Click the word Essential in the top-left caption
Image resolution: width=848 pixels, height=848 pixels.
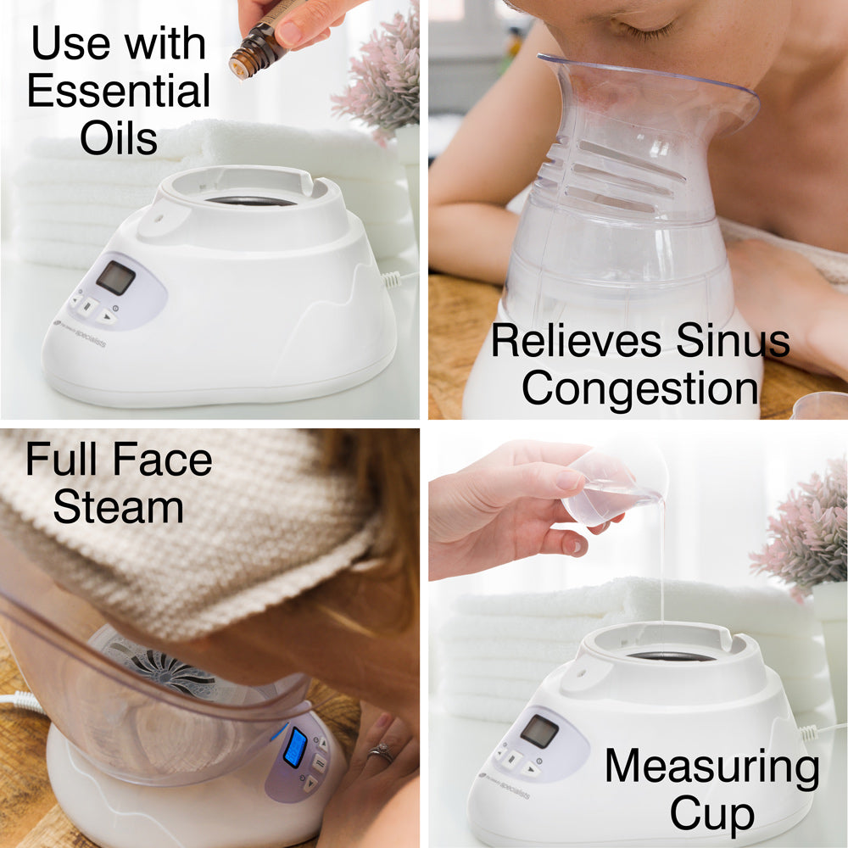pos(119,92)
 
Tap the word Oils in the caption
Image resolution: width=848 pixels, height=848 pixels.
pos(119,138)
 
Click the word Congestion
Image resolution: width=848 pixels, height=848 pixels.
pos(640,388)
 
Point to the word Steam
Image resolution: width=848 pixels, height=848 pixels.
pos(118,507)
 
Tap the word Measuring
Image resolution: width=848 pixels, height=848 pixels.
pos(711,767)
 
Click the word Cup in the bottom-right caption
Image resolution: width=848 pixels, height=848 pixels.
pos(711,814)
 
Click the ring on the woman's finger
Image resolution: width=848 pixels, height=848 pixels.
pos(381,751)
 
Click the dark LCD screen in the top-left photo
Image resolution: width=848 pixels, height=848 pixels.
pos(114,277)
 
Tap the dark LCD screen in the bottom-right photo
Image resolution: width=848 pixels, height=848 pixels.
pos(539,731)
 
